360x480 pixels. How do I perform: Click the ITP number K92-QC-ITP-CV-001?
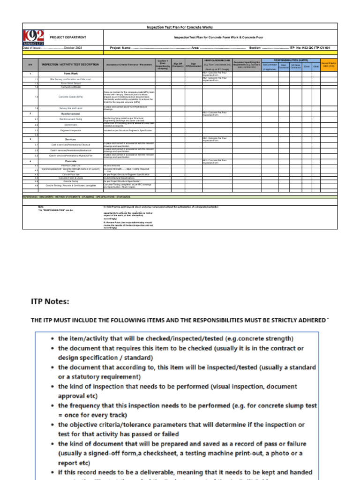click(x=314, y=48)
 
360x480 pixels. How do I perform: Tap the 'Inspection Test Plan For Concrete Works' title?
click(x=180, y=27)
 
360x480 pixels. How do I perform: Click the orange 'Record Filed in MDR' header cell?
click(x=328, y=65)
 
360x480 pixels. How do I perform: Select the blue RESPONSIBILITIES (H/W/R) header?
click(x=291, y=60)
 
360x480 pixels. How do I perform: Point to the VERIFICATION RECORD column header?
click(x=217, y=60)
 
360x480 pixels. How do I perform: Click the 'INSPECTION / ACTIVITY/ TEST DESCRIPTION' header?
click(x=70, y=64)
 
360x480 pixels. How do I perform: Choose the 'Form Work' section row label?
click(x=71, y=74)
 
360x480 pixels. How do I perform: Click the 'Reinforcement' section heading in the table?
click(x=71, y=114)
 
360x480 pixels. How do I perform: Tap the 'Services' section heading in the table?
click(x=71, y=139)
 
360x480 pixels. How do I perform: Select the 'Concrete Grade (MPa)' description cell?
click(x=71, y=97)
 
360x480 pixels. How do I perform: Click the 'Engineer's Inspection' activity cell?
click(x=71, y=130)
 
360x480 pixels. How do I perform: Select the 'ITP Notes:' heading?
click(x=50, y=301)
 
